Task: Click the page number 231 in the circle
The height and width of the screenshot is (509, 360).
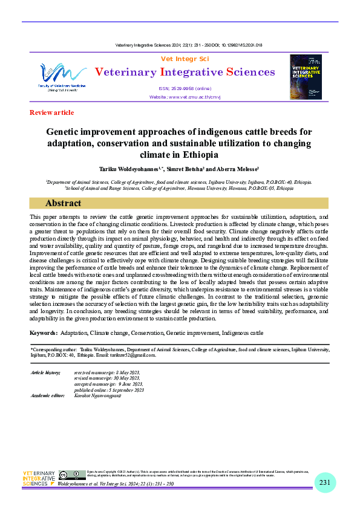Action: (x=325, y=482)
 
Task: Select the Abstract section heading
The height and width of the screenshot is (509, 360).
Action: (x=63, y=203)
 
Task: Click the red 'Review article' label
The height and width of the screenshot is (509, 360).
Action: (x=51, y=112)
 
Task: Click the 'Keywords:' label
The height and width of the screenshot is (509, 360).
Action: (x=44, y=334)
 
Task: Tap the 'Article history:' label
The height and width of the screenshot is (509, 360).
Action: (x=45, y=372)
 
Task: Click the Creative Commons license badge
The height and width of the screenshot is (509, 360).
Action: (x=72, y=475)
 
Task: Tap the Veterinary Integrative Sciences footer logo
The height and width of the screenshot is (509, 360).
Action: (x=39, y=478)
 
